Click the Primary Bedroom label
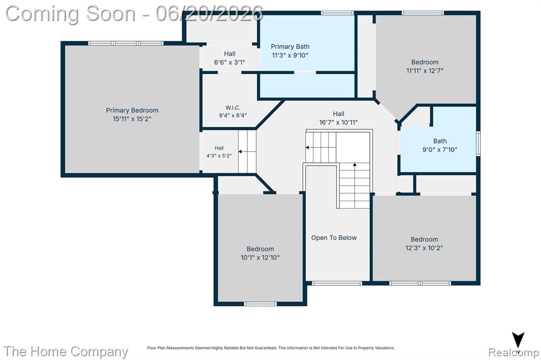[x=132, y=110]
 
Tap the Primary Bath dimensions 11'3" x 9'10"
[x=290, y=55]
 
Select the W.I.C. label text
[x=233, y=108]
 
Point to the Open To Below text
[x=334, y=238]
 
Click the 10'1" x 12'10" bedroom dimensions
[x=260, y=257]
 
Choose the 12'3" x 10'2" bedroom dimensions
[x=424, y=248]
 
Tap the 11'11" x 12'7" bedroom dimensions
[x=425, y=71]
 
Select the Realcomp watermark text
[x=514, y=352]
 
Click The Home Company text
[x=66, y=352]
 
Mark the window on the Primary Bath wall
[x=337, y=13]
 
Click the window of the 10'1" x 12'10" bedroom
[x=260, y=304]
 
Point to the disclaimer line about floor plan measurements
[x=270, y=348]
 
